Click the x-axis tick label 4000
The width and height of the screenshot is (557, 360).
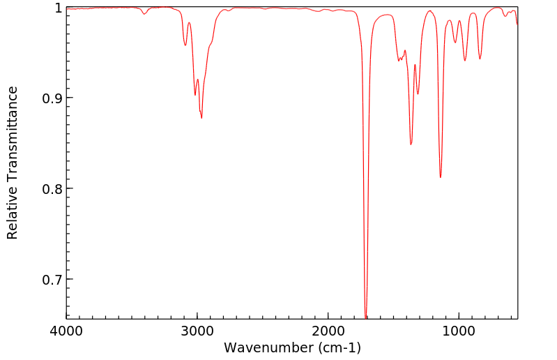coord(66,330)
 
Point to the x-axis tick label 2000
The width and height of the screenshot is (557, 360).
coord(328,330)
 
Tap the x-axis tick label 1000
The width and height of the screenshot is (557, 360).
coord(459,330)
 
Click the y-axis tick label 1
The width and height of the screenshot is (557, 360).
coord(57,8)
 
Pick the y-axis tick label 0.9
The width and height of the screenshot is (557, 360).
coord(51,98)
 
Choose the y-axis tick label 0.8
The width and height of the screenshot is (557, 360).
coord(51,189)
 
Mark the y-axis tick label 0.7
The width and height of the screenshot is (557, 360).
coord(51,280)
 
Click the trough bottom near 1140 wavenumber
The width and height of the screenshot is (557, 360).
coord(441,177)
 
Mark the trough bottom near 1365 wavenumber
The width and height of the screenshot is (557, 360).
coord(411,144)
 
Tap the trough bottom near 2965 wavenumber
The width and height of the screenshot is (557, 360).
coord(201,118)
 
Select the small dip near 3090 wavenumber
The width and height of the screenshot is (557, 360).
coord(185,45)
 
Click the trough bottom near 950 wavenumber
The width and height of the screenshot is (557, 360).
coord(465,61)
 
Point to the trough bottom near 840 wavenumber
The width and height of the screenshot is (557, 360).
coord(480,59)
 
